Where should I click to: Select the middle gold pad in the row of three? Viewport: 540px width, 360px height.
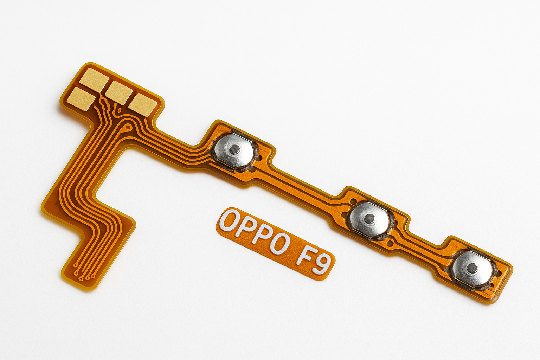click(119, 92)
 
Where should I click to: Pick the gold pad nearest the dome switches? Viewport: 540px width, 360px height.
click(143, 104)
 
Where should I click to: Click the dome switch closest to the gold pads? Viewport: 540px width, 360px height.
click(234, 150)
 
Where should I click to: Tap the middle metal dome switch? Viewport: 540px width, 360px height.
click(369, 219)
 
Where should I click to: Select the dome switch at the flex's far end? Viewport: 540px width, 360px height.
click(472, 269)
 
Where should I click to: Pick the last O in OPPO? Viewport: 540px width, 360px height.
click(282, 244)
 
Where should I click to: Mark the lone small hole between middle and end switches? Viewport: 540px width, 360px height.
click(390, 243)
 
